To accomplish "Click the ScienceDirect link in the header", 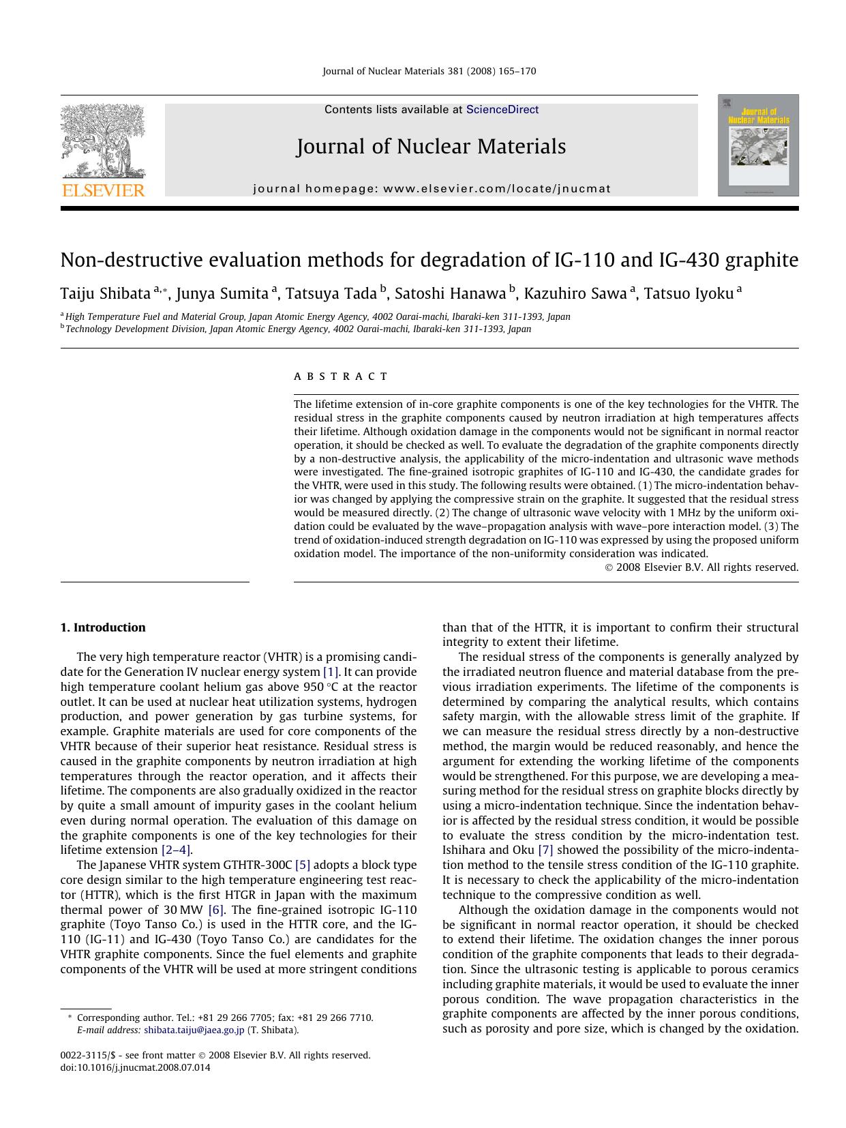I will (x=502, y=110).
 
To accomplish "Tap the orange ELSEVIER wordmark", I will (x=103, y=190).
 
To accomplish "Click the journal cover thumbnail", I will (x=757, y=145).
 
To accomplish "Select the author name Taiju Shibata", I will (x=105, y=294).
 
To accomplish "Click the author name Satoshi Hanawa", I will (x=450, y=294).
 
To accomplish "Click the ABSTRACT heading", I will (x=341, y=376).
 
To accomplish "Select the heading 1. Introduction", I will (x=103, y=627).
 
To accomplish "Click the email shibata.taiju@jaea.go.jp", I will (x=194, y=1030).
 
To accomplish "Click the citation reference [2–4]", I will (x=176, y=850).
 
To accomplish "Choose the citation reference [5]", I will (x=302, y=865).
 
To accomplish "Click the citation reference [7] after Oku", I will (x=545, y=850).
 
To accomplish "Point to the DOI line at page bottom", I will (x=136, y=1068).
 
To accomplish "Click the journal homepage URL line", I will (x=432, y=189).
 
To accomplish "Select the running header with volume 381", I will (x=429, y=71).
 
